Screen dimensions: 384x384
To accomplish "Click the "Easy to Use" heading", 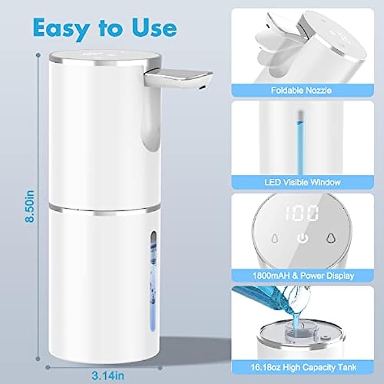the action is (105, 28).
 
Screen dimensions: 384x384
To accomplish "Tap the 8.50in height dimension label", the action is (30, 206).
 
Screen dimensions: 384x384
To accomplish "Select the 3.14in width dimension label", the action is (108, 376).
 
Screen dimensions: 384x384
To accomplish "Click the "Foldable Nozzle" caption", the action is (301, 90).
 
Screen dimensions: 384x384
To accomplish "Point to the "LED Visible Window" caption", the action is (303, 182).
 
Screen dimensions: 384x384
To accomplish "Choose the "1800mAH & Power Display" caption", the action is (303, 275).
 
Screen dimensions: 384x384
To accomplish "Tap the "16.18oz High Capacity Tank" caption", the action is (304, 368).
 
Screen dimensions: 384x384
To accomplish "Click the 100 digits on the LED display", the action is (302, 214).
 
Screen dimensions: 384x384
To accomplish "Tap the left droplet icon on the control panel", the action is (275, 238).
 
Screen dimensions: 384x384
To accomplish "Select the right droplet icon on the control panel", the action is (331, 238).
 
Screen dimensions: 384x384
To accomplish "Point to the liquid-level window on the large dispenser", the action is (153, 281).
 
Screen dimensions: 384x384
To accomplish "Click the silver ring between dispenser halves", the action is (105, 209).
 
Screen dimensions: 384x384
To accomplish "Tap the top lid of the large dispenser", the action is (105, 58).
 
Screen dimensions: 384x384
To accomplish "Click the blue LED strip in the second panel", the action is (300, 143).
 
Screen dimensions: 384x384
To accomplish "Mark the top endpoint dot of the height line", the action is (38, 55).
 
